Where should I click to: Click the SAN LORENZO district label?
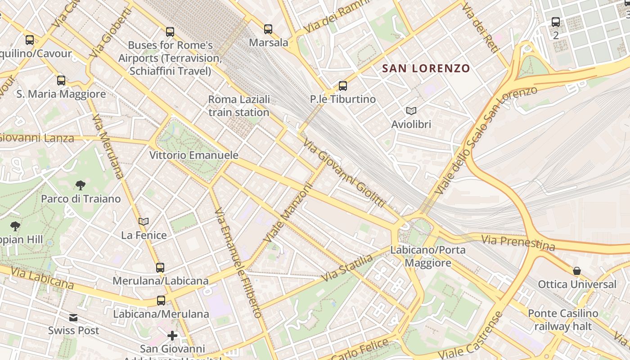tap(426, 68)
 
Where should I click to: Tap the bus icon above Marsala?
tap(268, 29)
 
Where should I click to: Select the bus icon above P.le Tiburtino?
tap(343, 85)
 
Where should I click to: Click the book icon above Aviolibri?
tap(411, 111)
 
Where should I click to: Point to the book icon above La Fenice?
tap(144, 221)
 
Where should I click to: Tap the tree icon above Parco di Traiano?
tap(81, 185)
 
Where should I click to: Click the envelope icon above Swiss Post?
tap(73, 318)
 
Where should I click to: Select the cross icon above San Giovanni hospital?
tap(172, 336)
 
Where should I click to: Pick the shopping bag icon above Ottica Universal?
tap(577, 271)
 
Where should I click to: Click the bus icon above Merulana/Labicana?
tap(160, 267)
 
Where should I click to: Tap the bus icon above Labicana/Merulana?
tap(161, 300)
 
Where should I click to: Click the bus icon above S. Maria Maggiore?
tap(61, 81)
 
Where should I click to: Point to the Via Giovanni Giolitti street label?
tap(344, 173)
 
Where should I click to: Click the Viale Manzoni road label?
tap(288, 212)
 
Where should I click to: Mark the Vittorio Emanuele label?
tap(193, 155)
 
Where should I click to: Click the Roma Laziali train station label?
tap(239, 106)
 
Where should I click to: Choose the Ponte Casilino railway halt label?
tap(563, 319)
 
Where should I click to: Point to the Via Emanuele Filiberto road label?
tap(238, 263)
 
